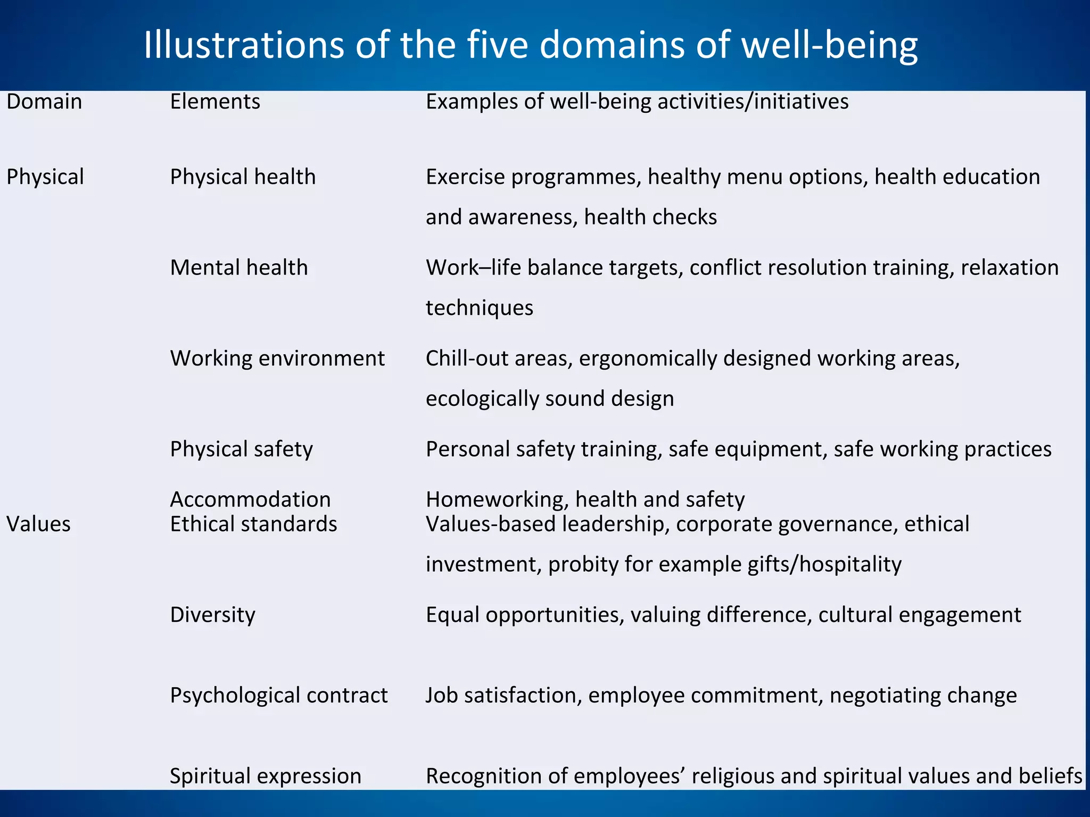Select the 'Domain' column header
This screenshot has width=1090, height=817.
[x=44, y=102]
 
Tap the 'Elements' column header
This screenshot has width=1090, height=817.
[x=215, y=102]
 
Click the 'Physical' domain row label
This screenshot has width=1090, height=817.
[x=45, y=177]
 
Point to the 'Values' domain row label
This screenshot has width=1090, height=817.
[x=38, y=524]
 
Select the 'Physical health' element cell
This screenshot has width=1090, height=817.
[x=243, y=177]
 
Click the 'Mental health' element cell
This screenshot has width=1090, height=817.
[x=239, y=268]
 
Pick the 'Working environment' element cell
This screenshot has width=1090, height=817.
[x=277, y=359]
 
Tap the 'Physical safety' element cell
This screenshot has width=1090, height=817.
[x=241, y=449]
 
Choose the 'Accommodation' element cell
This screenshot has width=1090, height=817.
[x=250, y=499]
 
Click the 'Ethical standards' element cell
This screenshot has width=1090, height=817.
[x=253, y=524]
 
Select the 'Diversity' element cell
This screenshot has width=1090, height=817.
[x=212, y=615]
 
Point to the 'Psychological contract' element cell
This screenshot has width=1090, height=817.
[x=279, y=696]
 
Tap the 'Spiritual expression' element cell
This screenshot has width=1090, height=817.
[x=266, y=776]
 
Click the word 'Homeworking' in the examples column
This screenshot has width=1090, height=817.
[x=497, y=500]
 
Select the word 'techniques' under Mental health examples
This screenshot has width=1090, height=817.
[x=479, y=308]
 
